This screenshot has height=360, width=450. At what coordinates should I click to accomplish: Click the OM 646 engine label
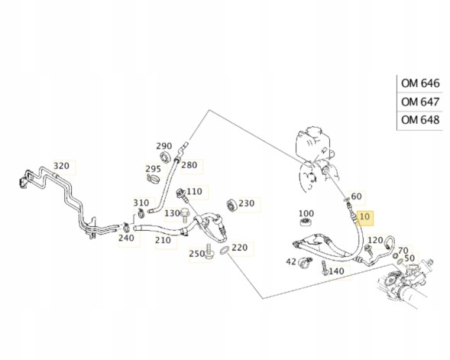click(420, 83)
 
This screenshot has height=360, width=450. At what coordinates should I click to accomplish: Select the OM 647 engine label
click(420, 102)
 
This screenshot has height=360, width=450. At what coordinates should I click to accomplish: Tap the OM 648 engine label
click(420, 120)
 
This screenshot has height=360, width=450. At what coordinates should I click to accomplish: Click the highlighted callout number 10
click(364, 216)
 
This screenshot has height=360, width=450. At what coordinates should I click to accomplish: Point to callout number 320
click(61, 166)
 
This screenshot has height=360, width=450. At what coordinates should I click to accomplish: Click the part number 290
click(163, 146)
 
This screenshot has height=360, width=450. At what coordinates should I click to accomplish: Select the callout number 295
click(153, 169)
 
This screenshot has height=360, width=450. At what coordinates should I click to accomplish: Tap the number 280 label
click(189, 165)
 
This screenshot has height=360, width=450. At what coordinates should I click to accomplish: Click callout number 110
click(194, 191)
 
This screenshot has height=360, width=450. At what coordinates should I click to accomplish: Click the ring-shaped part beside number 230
click(231, 205)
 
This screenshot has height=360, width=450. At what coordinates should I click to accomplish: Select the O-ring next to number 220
click(225, 250)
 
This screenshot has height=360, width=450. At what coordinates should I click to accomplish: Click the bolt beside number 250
click(209, 251)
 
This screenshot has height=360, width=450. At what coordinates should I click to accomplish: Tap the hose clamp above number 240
click(126, 227)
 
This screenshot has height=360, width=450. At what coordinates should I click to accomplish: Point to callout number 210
click(163, 240)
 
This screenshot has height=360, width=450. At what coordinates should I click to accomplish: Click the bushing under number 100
click(306, 222)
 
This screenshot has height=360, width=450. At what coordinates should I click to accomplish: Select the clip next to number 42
click(306, 262)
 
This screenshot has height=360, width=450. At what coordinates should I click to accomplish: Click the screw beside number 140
click(325, 268)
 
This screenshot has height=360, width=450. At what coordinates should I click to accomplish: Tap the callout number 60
click(356, 196)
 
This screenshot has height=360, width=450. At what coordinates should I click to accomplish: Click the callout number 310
click(141, 203)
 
